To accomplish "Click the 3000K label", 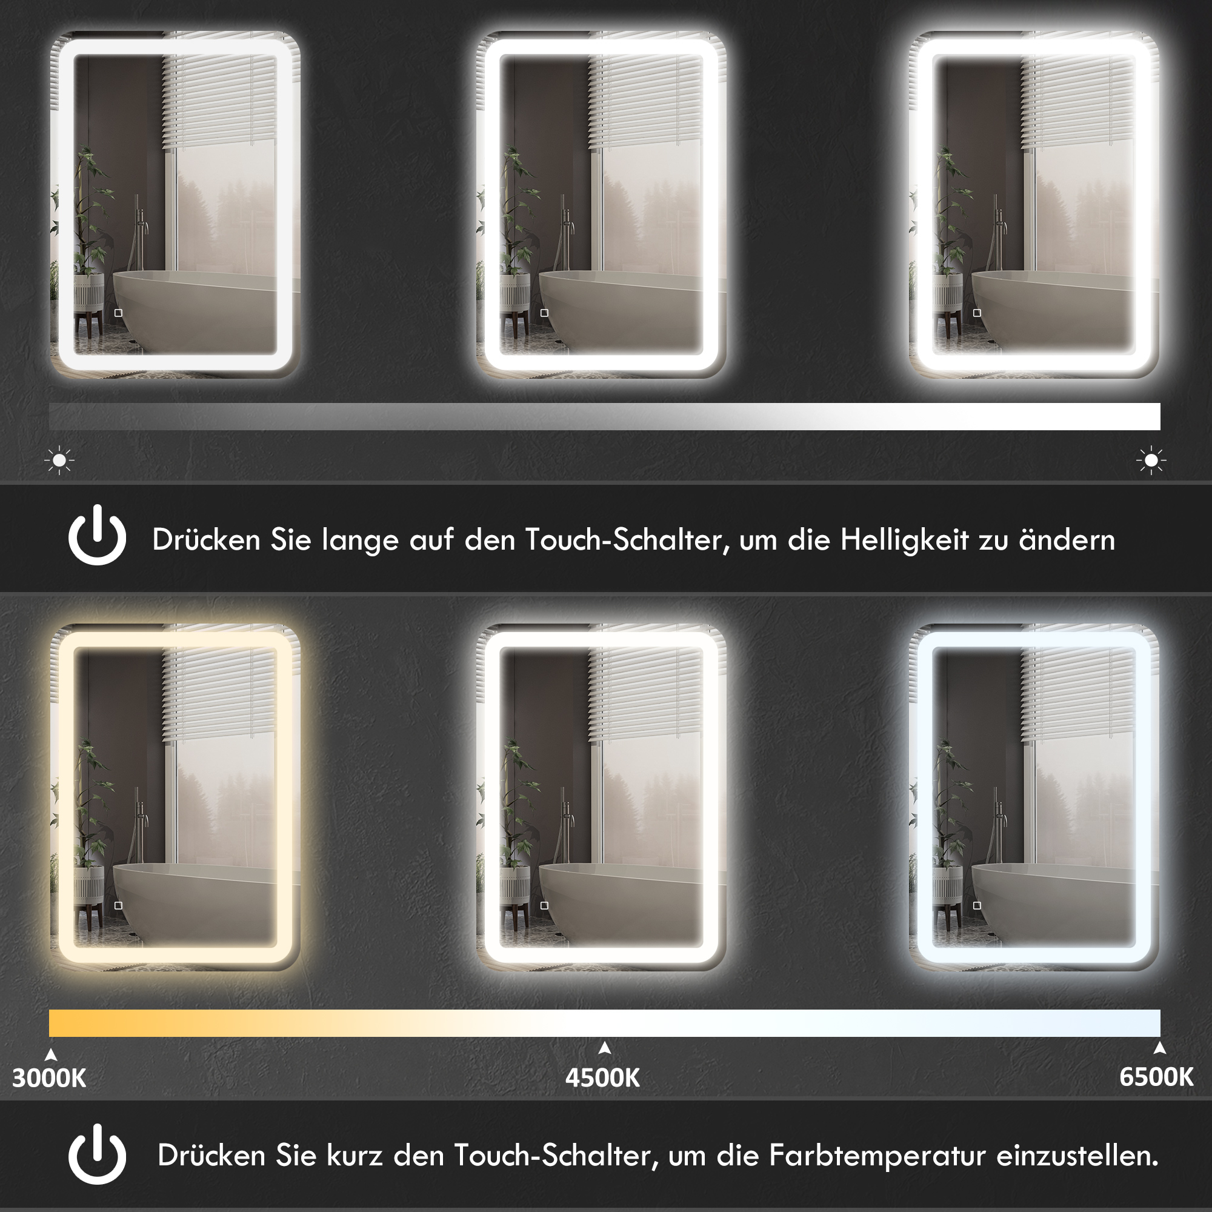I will click(49, 1077).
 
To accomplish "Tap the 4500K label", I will click(602, 1077).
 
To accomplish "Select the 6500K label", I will click(1156, 1076).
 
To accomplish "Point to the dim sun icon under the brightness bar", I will click(59, 461).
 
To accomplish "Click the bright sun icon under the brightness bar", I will click(1151, 461).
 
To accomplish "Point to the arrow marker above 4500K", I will click(605, 1048).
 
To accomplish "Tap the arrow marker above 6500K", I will click(1159, 1048).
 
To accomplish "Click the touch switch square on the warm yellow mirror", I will click(119, 905).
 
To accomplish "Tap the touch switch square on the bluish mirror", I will click(977, 905).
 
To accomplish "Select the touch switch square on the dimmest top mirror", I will click(119, 313).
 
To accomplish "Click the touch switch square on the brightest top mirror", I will click(977, 313).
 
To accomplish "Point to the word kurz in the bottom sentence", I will click(355, 1156).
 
